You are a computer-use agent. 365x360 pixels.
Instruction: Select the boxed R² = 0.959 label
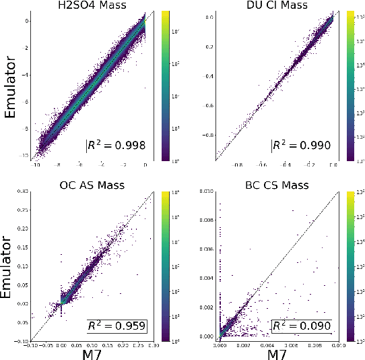pos(117,326)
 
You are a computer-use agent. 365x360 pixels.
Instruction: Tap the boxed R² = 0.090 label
pos(302,326)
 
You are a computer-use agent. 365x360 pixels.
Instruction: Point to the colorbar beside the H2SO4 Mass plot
pos(165,86)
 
